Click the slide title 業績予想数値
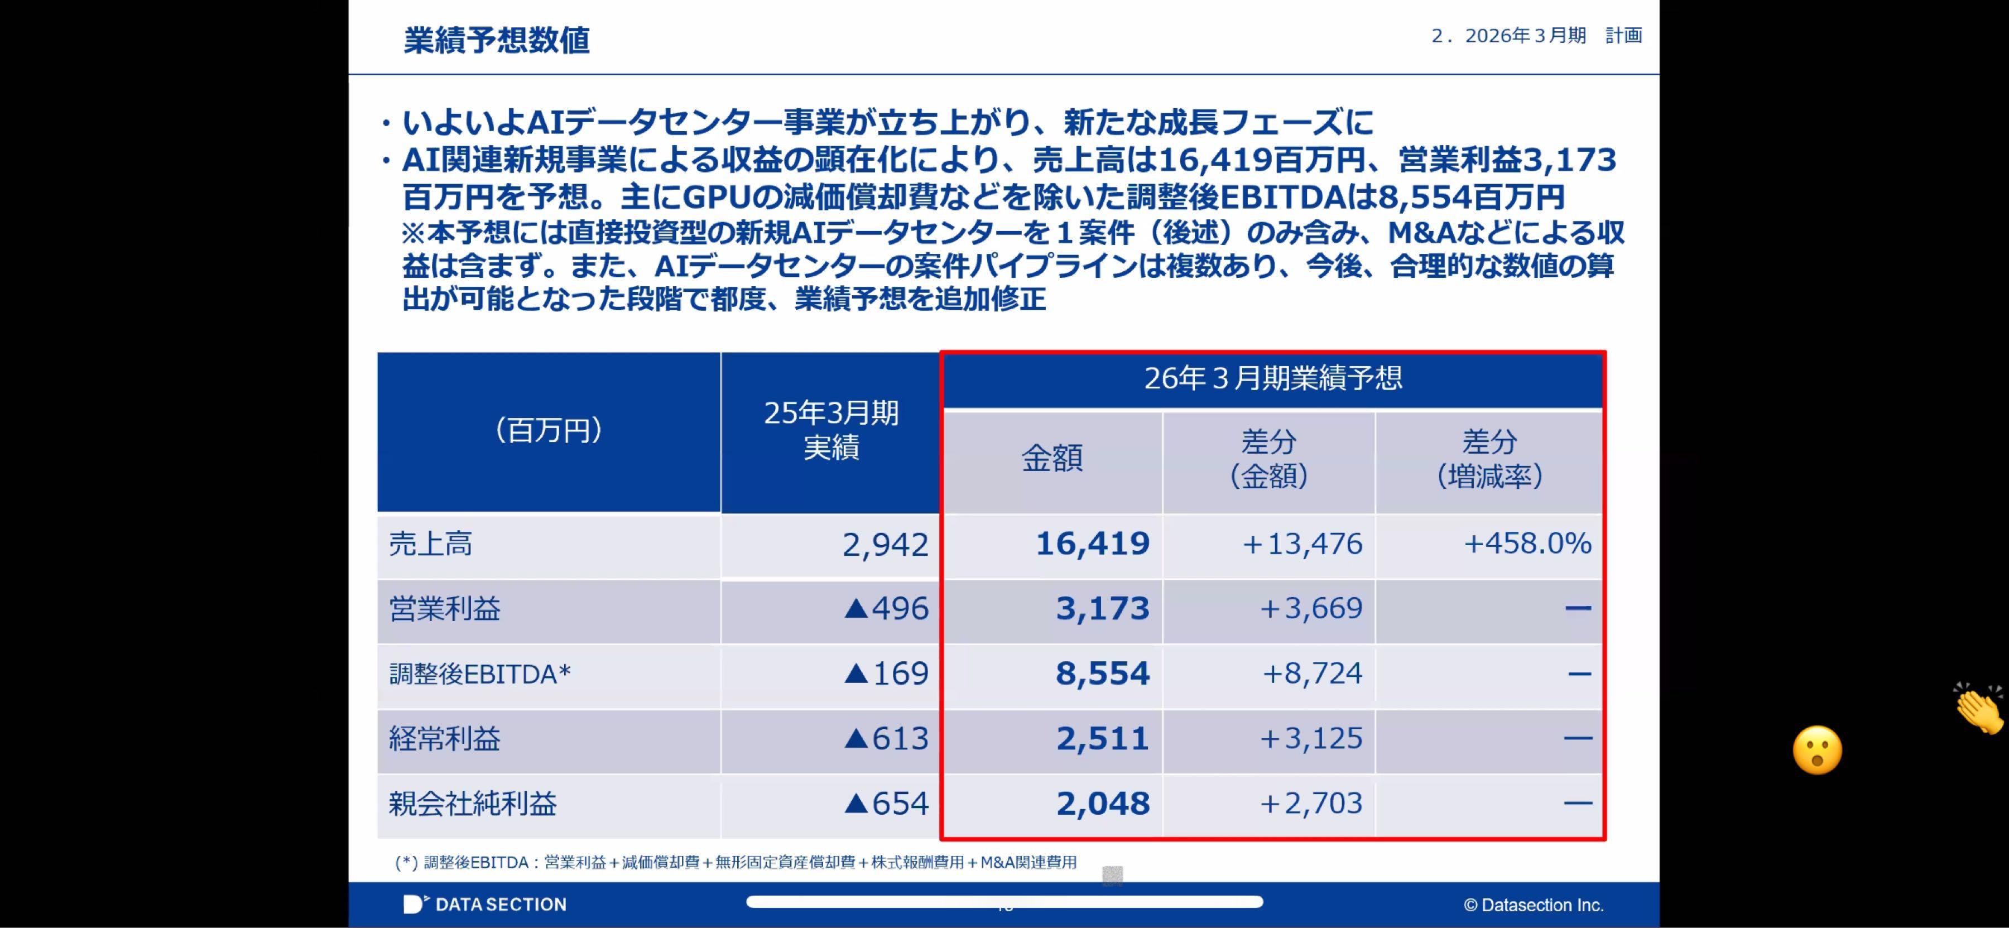[496, 41]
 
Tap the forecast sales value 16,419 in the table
[1092, 544]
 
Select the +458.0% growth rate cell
[1527, 544]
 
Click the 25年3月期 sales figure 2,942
[885, 544]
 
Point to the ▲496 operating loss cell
[886, 608]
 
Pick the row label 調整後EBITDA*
[479, 674]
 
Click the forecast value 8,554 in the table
[1102, 674]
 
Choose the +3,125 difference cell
[1311, 738]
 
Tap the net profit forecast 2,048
[1103, 803]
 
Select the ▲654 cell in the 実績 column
[886, 803]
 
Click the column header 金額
[1052, 459]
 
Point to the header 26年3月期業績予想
[1273, 379]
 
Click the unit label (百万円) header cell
[548, 430]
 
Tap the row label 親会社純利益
[473, 803]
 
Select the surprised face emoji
[1817, 750]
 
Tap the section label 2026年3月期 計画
[1536, 36]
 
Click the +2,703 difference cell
[1311, 803]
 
